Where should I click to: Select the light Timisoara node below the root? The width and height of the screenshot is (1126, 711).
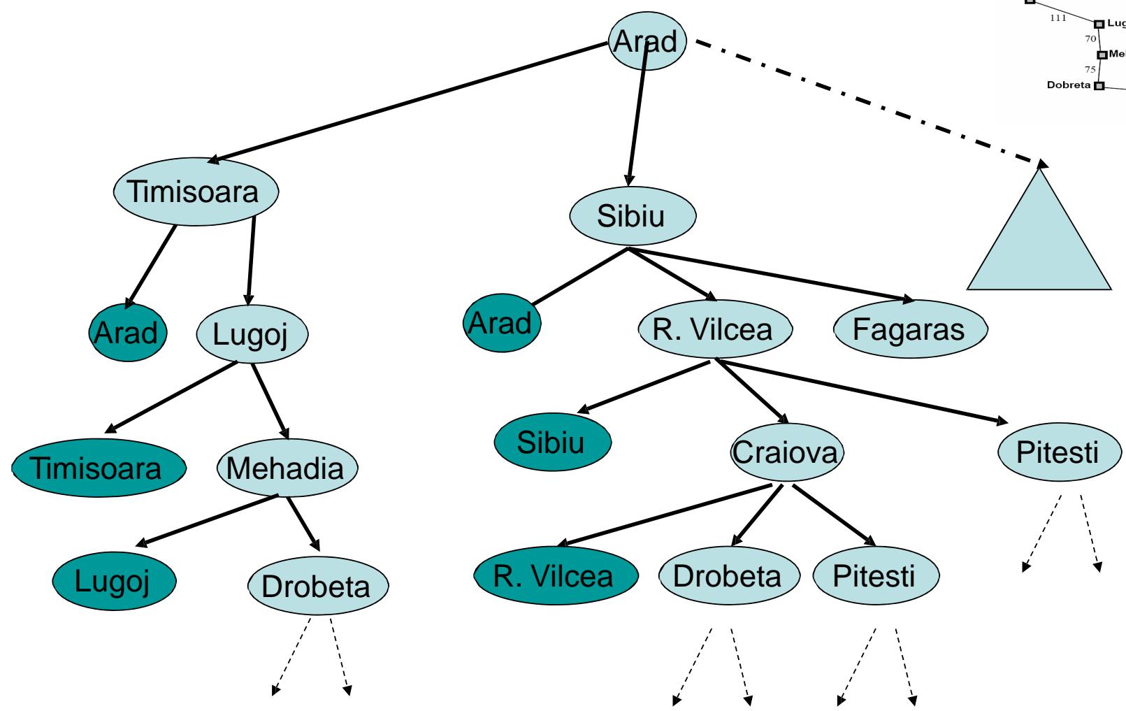tap(196, 192)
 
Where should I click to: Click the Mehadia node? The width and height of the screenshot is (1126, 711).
tap(287, 468)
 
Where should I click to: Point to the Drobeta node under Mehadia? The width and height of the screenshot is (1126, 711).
tap(317, 586)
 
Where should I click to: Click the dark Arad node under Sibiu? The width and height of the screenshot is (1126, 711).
tap(501, 324)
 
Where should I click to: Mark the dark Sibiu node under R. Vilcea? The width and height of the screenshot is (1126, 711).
tap(552, 442)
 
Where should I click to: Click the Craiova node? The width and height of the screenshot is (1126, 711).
tap(786, 453)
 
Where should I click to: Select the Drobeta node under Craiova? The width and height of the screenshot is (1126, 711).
tap(728, 576)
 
